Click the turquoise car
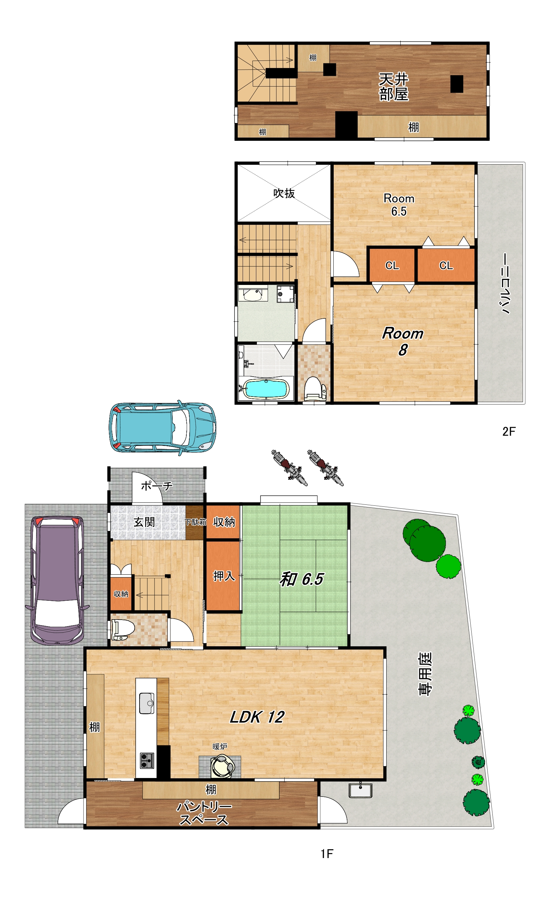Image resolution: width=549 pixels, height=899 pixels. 162,427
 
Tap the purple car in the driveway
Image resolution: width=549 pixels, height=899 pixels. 57,580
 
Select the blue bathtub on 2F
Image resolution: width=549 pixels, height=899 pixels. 266,389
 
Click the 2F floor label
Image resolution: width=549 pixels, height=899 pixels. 509,432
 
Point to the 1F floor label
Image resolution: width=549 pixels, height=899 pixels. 327,854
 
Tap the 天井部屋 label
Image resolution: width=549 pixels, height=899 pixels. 394,87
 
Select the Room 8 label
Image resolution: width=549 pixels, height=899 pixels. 403,342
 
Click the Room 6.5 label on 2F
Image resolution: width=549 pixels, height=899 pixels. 399,205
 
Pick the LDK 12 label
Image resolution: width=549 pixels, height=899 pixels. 257,717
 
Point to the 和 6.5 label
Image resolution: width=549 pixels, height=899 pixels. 301,579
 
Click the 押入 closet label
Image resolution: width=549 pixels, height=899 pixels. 224,576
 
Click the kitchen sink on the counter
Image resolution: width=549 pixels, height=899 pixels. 146,703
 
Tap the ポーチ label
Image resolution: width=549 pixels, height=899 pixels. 157,486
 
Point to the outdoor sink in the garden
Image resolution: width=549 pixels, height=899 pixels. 360,790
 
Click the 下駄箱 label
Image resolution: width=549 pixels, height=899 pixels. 195,522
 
